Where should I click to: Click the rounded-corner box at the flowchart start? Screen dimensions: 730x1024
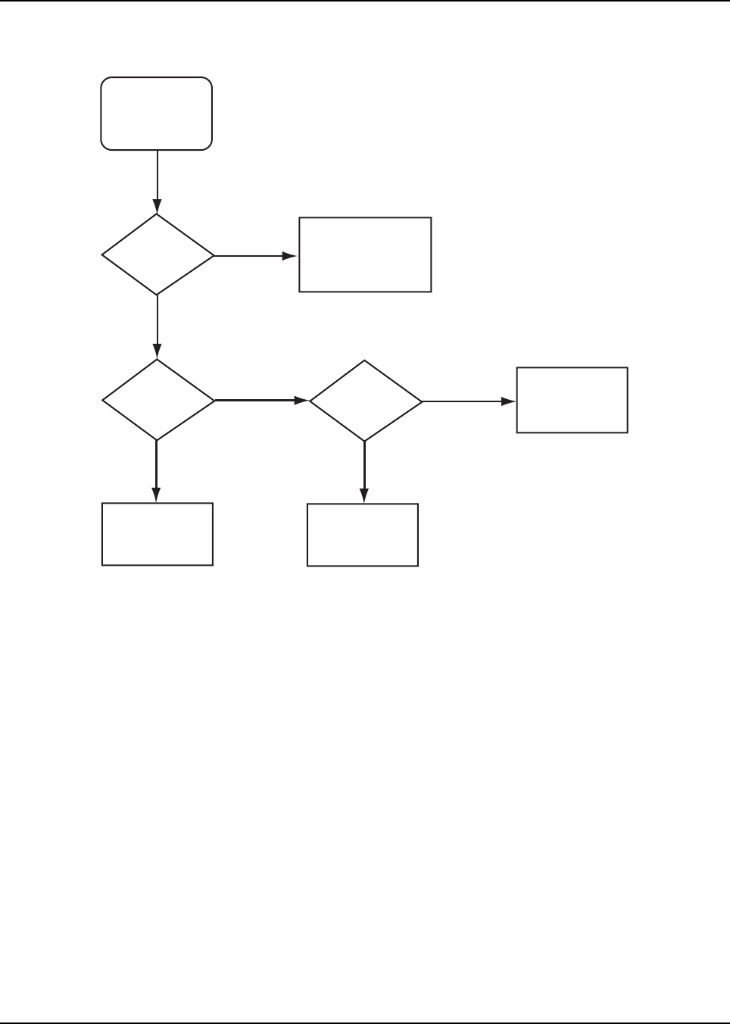pyautogui.click(x=157, y=113)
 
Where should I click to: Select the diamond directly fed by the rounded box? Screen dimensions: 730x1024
pyautogui.click(x=158, y=254)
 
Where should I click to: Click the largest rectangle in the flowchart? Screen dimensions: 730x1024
pyautogui.click(x=365, y=254)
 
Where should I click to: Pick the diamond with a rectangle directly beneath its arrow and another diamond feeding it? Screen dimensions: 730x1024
pyautogui.click(x=365, y=400)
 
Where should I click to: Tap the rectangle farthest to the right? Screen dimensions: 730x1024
pyautogui.click(x=572, y=400)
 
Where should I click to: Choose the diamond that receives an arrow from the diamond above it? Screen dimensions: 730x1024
pyautogui.click(x=158, y=399)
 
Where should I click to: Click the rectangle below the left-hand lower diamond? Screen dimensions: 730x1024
pyautogui.click(x=157, y=533)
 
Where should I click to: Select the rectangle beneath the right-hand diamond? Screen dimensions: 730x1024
pyautogui.click(x=362, y=535)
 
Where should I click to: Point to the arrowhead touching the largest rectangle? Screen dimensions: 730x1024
pyautogui.click(x=289, y=256)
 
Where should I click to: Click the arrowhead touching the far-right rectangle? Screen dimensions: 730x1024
pyautogui.click(x=507, y=401)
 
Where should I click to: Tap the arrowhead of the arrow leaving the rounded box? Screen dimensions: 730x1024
pyautogui.click(x=157, y=206)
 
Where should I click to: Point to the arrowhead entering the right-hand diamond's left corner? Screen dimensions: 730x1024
pyautogui.click(x=301, y=399)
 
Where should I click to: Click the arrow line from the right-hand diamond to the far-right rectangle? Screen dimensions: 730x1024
pyautogui.click(x=462, y=401)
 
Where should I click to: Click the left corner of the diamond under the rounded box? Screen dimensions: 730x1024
pyautogui.click(x=103, y=255)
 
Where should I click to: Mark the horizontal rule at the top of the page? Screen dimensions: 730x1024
pyautogui.click(x=365, y=1)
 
